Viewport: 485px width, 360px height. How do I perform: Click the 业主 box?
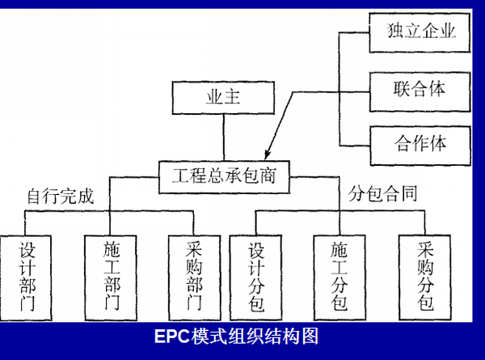[209, 101]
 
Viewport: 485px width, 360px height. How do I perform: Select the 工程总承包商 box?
[224, 174]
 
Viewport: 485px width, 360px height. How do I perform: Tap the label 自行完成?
[61, 197]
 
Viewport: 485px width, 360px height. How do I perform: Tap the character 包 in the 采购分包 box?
[425, 304]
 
